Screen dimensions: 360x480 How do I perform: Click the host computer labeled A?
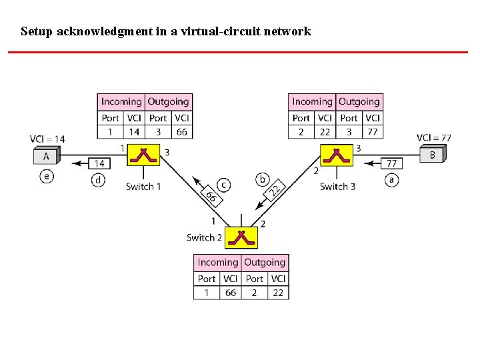pos(47,157)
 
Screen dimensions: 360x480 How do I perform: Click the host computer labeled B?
pos(432,155)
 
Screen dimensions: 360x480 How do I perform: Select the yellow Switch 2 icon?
pos(241,237)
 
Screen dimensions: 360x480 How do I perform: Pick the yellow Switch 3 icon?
pos(337,155)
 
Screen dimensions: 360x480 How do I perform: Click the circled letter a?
pos(391,179)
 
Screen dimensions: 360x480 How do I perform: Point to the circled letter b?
pos(262,179)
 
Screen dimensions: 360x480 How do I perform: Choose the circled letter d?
pos(99,180)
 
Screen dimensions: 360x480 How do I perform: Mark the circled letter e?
pos(46,176)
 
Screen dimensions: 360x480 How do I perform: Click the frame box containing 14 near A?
pos(101,163)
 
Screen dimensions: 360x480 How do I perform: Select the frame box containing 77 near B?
pos(391,163)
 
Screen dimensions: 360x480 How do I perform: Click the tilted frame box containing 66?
pos(211,197)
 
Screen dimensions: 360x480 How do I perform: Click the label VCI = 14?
pos(47,139)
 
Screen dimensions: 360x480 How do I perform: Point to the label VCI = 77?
pos(434,138)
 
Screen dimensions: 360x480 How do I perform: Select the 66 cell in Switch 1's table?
pos(181,132)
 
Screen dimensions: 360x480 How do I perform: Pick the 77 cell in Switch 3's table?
pos(372,132)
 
